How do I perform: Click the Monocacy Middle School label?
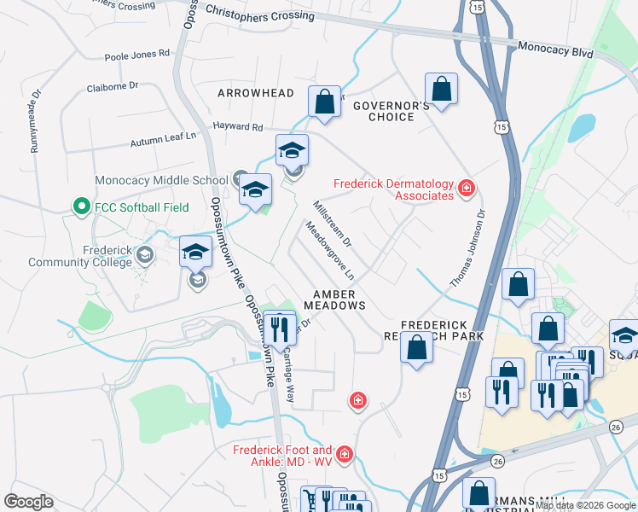tap(160, 180)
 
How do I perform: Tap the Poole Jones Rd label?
tap(136, 55)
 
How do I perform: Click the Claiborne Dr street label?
tap(113, 87)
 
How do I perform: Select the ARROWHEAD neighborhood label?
tap(256, 92)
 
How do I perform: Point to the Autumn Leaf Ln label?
tap(163, 139)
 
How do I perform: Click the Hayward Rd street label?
tap(238, 127)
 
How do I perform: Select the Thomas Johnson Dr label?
tap(468, 248)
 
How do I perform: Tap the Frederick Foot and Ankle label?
tap(282, 456)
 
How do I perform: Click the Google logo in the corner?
tap(29, 501)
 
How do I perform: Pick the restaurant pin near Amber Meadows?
tap(279, 327)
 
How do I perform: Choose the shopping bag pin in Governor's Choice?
tap(441, 88)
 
